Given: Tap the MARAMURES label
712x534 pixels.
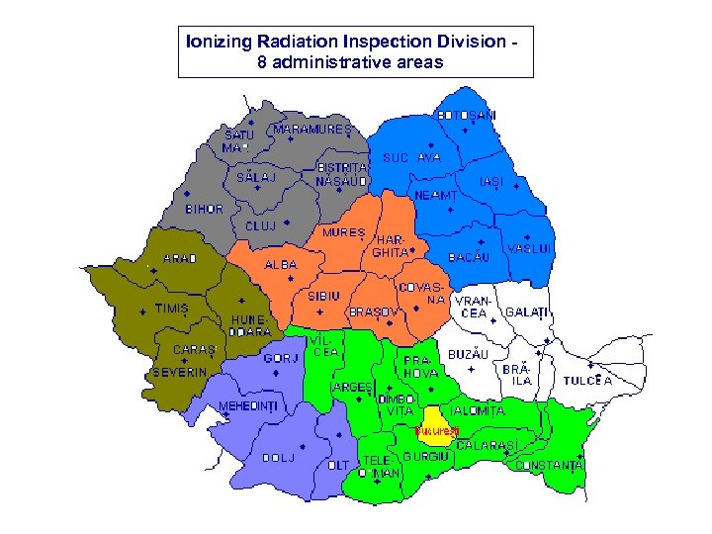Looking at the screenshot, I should coord(312,130).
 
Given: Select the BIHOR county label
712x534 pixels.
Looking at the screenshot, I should coord(205,210).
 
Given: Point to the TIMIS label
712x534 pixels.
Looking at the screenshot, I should coord(171,308).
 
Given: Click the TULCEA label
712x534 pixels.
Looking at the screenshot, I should coord(588,380).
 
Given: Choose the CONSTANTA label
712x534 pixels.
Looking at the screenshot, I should coord(550,464).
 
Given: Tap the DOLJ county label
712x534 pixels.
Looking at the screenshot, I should coord(279,458).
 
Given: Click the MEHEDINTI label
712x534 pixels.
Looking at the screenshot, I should coord(247,406).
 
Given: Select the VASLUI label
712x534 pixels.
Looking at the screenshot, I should coord(529,247).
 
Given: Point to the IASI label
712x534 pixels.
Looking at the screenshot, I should coord(490,183).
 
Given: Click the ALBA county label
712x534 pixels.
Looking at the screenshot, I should coord(280,265).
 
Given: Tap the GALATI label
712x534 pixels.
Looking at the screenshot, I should coord(526,311).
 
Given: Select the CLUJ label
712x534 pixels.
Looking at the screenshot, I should coord(261,225).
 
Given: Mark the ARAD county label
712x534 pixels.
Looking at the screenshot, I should coord(180,259).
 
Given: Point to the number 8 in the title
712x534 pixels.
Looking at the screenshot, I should coord(261,61).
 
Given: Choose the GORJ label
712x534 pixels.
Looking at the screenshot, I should coord(281,358).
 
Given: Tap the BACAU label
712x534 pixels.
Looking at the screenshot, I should coord(470,257).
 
